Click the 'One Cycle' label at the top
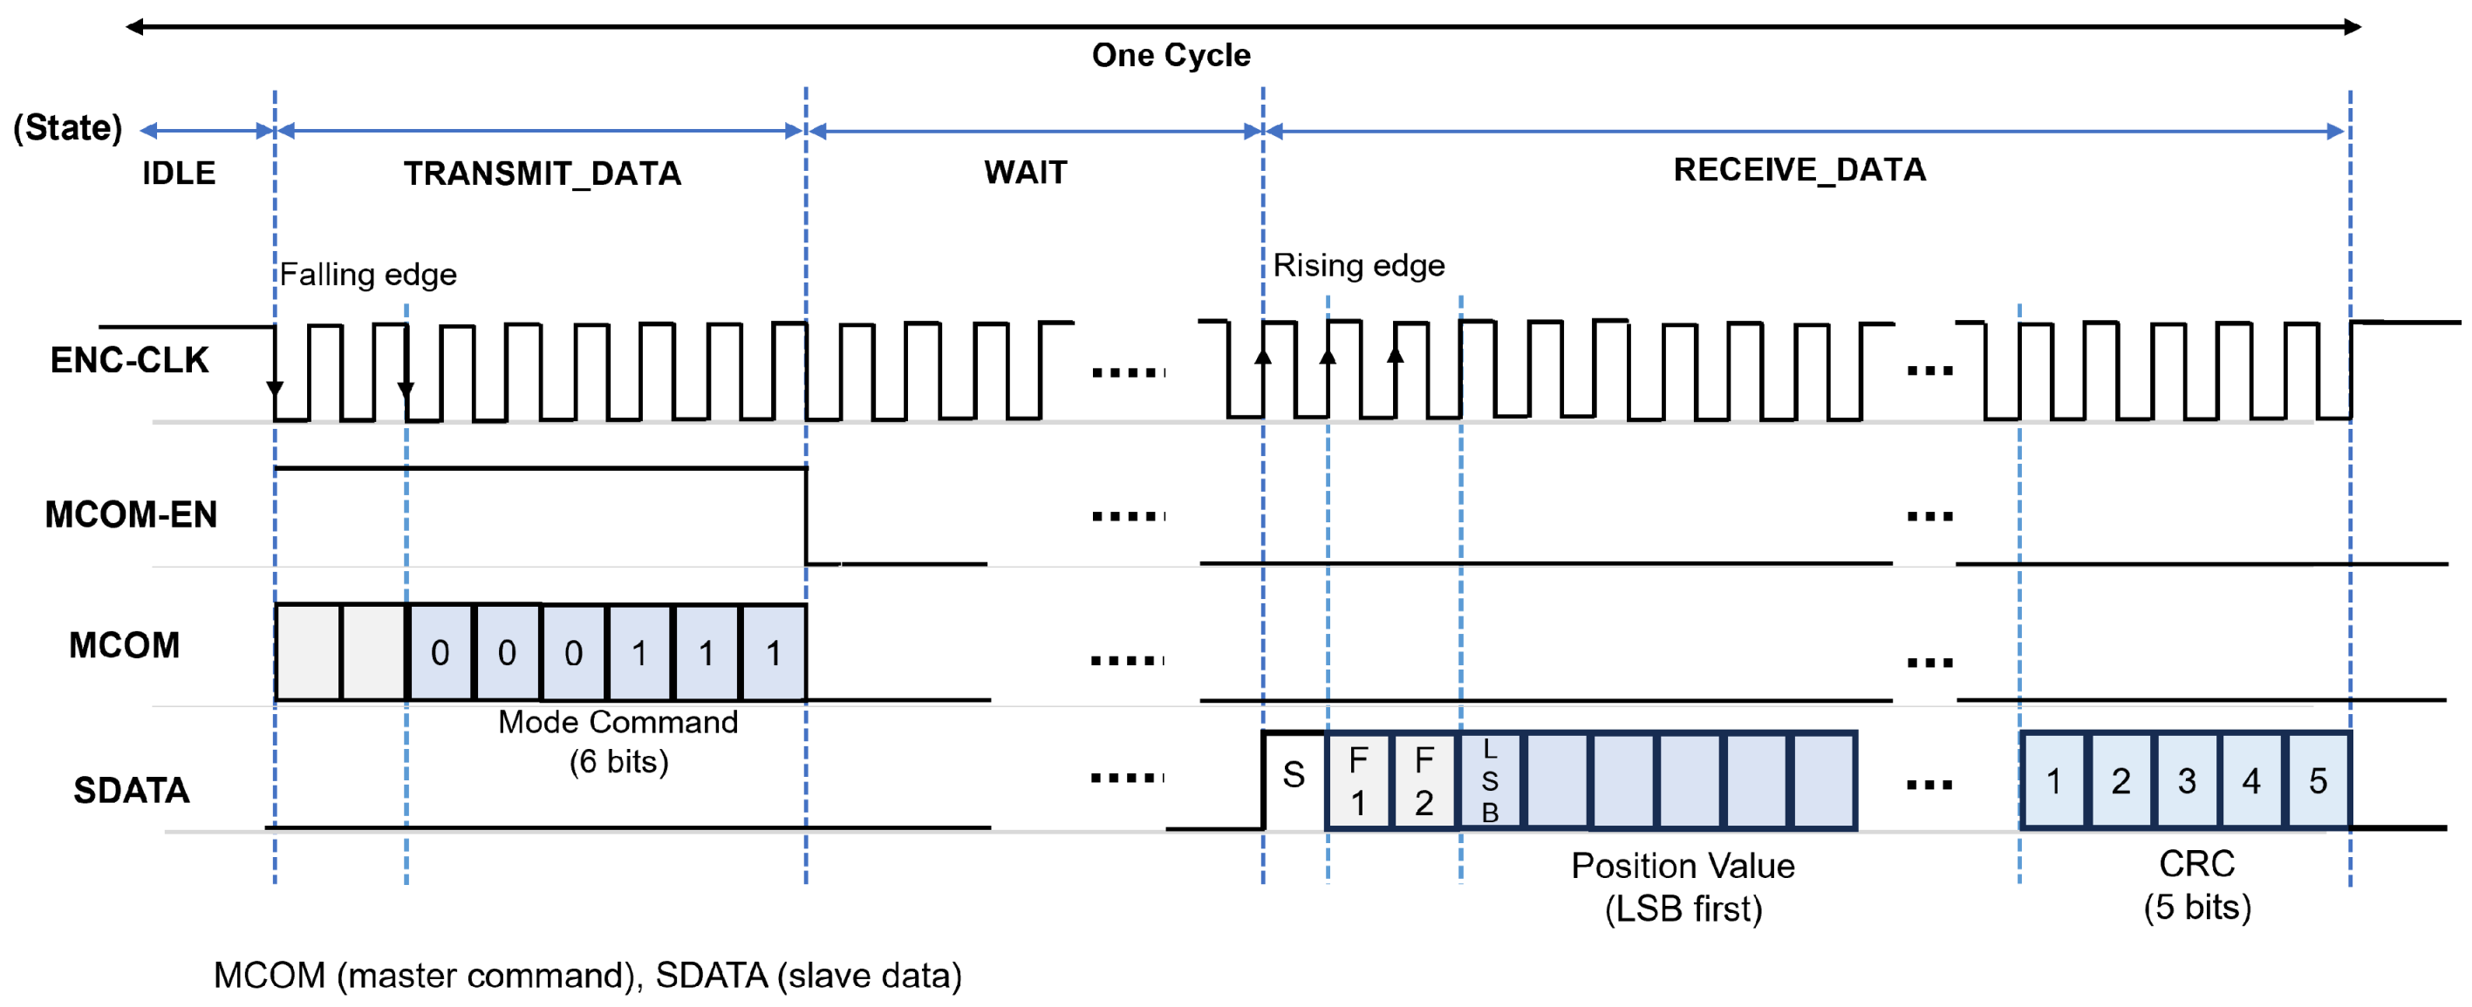click(1171, 56)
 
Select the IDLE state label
click(179, 174)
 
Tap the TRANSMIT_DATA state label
click(543, 174)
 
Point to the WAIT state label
click(1025, 173)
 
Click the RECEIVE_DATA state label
click(1799, 170)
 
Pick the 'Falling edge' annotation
click(367, 276)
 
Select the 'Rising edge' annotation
click(1358, 266)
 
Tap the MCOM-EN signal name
click(131, 515)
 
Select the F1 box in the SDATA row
click(1358, 780)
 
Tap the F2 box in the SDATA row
click(1424, 780)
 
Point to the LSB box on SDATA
click(1489, 780)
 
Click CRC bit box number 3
click(2187, 780)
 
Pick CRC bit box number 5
click(2318, 780)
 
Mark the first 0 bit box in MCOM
click(440, 653)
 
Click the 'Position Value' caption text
click(1683, 866)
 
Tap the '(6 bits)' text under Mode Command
click(619, 762)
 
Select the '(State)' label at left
click(67, 128)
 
